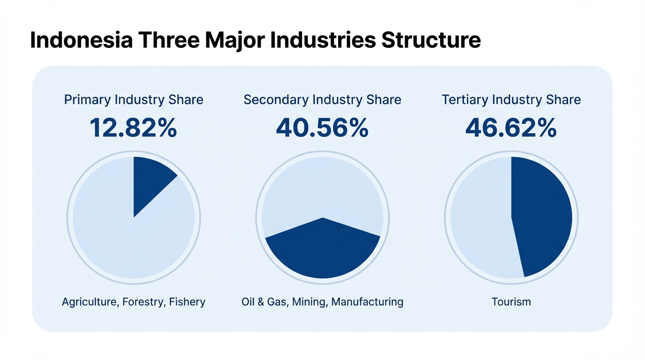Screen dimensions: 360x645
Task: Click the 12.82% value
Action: [x=134, y=127]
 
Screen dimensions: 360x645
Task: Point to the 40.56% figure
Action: [x=322, y=127]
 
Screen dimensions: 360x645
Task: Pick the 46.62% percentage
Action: [x=511, y=127]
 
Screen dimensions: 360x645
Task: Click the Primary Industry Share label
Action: [x=134, y=100]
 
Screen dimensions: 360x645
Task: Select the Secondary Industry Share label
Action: [x=322, y=100]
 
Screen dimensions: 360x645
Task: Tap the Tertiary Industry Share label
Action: [x=511, y=100]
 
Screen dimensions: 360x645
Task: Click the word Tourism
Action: [x=511, y=301]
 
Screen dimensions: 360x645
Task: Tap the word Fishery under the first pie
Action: [x=187, y=301]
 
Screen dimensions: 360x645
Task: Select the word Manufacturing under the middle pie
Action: [x=367, y=301]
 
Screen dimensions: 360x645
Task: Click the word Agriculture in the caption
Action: [x=89, y=301]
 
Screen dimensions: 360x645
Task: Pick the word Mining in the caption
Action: [x=309, y=301]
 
